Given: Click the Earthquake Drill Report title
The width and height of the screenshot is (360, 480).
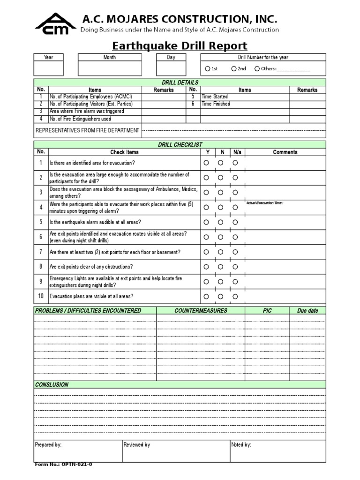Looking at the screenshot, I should click(x=180, y=46).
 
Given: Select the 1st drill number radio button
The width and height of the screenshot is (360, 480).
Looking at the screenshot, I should click(x=208, y=69).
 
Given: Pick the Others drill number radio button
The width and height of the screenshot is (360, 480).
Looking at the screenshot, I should click(x=257, y=69).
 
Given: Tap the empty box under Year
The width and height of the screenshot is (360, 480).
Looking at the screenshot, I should click(x=49, y=68).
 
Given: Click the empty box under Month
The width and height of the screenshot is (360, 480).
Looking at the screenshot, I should click(x=109, y=68).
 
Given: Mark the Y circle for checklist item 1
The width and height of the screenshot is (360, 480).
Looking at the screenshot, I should click(x=205, y=163).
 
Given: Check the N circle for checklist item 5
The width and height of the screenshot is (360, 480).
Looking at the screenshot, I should click(x=220, y=222).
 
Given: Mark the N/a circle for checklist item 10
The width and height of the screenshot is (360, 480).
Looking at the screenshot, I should click(x=235, y=296).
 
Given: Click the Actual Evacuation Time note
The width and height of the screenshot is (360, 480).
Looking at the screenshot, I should click(x=265, y=202).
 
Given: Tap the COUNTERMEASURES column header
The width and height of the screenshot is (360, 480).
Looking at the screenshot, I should click(x=201, y=310).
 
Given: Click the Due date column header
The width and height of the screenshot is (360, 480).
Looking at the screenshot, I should click(x=307, y=310).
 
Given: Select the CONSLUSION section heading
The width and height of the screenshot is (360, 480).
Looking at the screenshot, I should click(x=52, y=384).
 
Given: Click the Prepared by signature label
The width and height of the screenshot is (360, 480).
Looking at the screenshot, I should click(x=48, y=444).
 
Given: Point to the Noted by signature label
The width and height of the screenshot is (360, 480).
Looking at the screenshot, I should click(x=241, y=444).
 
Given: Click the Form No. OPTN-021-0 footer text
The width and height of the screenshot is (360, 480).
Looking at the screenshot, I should click(x=64, y=465).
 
